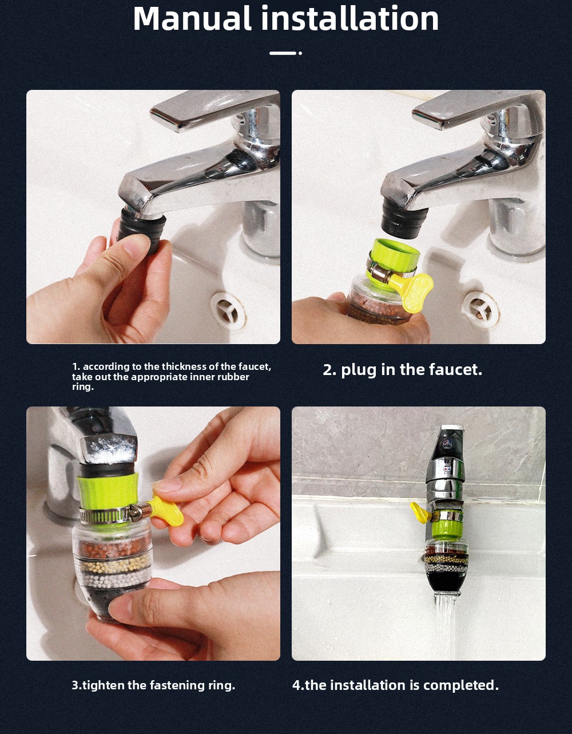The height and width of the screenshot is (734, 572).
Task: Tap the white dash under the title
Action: [283, 53]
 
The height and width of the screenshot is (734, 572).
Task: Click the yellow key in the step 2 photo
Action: [414, 291]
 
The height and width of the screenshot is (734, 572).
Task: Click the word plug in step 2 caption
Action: [359, 370]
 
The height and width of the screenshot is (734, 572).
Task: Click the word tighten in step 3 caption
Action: [104, 685]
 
